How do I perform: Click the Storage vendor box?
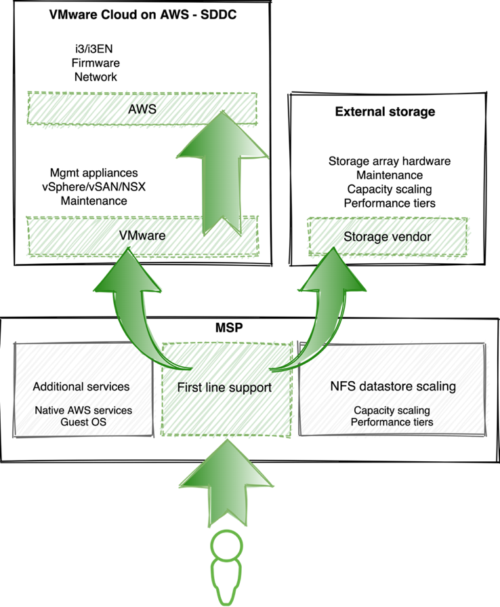(x=387, y=236)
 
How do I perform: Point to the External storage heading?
(x=385, y=111)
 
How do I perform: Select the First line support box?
(x=224, y=388)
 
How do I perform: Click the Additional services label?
(x=81, y=387)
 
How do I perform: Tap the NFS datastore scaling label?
(x=392, y=387)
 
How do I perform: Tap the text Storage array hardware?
(x=389, y=161)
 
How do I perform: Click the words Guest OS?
(x=83, y=422)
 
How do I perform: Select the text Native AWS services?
(x=83, y=410)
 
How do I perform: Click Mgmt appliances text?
(x=93, y=173)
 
